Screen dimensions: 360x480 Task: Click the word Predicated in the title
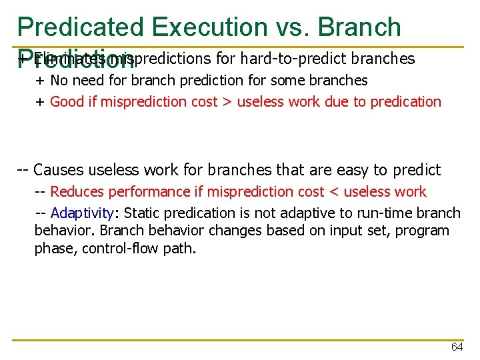(80, 27)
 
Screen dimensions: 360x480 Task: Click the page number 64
(457, 347)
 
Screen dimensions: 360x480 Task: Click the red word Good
(65, 101)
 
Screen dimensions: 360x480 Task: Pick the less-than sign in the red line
(334, 192)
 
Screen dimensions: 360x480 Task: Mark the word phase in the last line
(53, 249)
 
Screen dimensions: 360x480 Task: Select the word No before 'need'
(59, 81)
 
